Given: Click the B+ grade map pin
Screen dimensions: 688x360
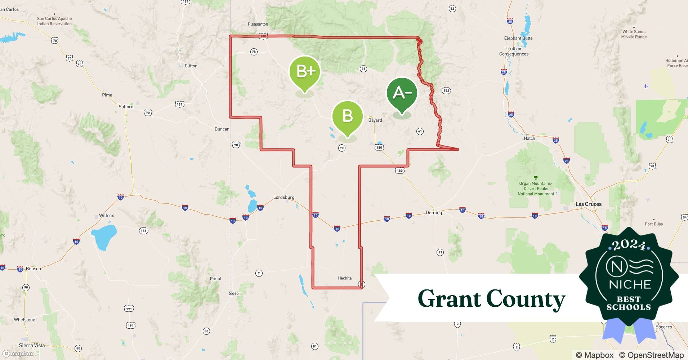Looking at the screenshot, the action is [305, 72].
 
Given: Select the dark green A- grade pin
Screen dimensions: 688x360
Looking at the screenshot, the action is [402, 93].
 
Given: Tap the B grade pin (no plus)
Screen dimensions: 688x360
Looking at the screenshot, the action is [347, 116].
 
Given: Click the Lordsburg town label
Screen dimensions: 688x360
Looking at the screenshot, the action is [284, 197].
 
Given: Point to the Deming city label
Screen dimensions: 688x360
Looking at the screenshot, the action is [434, 212].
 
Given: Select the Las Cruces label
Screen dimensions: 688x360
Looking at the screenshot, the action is [588, 204].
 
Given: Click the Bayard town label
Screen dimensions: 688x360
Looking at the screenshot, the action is [375, 120].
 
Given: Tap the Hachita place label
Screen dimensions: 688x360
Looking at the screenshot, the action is [345, 278].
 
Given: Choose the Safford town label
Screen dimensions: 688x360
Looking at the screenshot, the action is [126, 107].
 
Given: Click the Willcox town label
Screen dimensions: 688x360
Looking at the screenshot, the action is [106, 215].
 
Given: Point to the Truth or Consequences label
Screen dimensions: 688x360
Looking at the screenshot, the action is [514, 51].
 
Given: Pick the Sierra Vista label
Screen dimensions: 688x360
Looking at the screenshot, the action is [32, 345].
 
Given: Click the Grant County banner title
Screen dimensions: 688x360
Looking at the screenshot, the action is [491, 299].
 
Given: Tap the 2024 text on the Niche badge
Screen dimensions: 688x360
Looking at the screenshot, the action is [629, 245].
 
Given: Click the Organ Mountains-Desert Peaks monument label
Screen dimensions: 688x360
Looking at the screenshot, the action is [536, 189].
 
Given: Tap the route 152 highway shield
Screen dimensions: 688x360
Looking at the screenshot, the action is [446, 90].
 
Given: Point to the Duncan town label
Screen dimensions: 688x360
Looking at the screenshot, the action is [222, 129].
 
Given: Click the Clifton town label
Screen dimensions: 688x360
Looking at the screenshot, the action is [191, 66].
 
